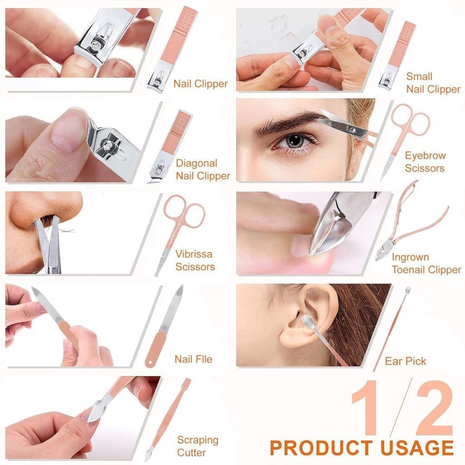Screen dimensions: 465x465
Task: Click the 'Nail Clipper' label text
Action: pos(200,84)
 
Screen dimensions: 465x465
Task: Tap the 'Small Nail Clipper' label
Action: pos(433,83)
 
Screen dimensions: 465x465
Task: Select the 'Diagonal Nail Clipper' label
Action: pos(203,169)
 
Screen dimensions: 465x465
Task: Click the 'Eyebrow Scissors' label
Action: pos(425,162)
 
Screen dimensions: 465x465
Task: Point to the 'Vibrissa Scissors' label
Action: pos(195,260)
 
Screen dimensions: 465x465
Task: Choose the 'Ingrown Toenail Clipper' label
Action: pos(426,264)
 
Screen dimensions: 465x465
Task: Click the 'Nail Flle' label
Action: pos(193,359)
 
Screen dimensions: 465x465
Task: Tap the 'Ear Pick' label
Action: pos(406,361)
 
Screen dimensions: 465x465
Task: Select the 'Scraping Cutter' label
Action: pos(198,446)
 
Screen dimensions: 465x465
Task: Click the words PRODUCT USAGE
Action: pos(362,447)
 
